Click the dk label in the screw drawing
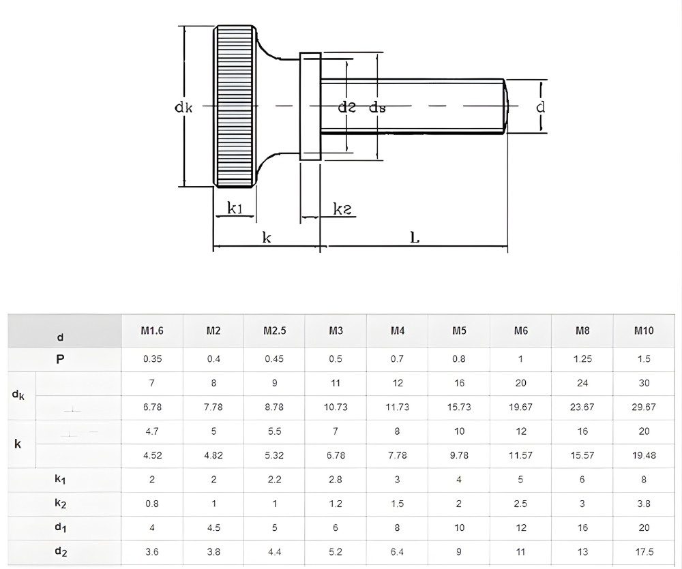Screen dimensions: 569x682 tap(183, 107)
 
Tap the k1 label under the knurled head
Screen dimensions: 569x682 tap(235, 209)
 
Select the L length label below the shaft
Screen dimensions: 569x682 tap(415, 237)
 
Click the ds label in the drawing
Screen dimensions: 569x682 tap(377, 107)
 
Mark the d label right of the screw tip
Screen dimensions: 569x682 tap(541, 107)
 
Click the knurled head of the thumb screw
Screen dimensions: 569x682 tap(235, 106)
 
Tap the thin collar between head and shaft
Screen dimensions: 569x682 tap(310, 106)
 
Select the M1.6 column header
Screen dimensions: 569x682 tap(152, 331)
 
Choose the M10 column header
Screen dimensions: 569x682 tap(643, 331)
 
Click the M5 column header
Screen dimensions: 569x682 tap(459, 331)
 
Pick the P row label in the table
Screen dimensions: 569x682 tap(60, 359)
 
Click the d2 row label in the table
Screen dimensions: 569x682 tap(60, 552)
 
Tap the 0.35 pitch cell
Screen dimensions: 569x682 tap(152, 359)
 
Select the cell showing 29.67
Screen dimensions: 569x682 tap(643, 407)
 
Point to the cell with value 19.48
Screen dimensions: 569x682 tap(643, 455)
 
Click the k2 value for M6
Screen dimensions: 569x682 tap(520, 504)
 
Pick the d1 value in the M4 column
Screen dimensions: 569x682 tap(398, 528)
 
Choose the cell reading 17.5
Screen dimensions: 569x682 tap(643, 552)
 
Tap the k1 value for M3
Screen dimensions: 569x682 tap(336, 480)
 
